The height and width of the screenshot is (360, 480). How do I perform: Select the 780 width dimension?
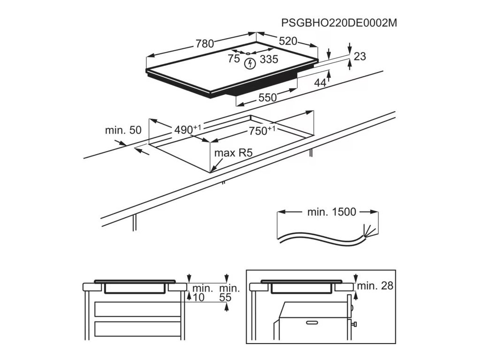(204, 44)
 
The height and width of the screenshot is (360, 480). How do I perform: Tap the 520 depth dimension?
(288, 41)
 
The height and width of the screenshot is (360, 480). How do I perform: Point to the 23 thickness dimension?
(360, 56)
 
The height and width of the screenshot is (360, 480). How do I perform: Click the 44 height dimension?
(320, 82)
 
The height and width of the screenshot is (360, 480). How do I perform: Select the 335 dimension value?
(269, 59)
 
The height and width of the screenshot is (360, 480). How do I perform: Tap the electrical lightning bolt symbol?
(250, 62)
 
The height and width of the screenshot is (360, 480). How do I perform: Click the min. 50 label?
(123, 130)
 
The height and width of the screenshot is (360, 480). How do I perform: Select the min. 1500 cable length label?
(331, 212)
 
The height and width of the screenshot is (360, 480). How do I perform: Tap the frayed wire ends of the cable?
(369, 231)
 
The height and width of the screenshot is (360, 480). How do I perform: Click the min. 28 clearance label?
(375, 285)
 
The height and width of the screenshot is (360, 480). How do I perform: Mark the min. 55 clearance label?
(229, 292)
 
